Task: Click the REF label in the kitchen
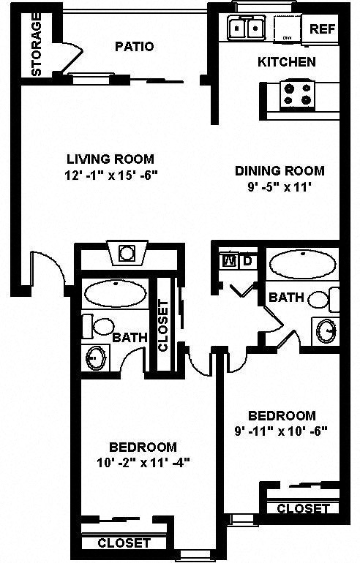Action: (x=323, y=29)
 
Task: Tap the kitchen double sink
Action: (x=246, y=29)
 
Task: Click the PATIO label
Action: (x=135, y=47)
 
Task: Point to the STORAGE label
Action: (x=36, y=44)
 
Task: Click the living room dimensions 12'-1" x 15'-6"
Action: (x=110, y=175)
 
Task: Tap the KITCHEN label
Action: (x=286, y=62)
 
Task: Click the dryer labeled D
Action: (x=247, y=260)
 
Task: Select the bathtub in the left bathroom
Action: (x=114, y=294)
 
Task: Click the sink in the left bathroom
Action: (x=94, y=358)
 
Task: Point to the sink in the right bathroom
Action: (x=326, y=331)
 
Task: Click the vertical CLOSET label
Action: (x=163, y=327)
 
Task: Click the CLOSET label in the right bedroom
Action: (x=303, y=509)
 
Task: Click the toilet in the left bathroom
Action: (x=98, y=326)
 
